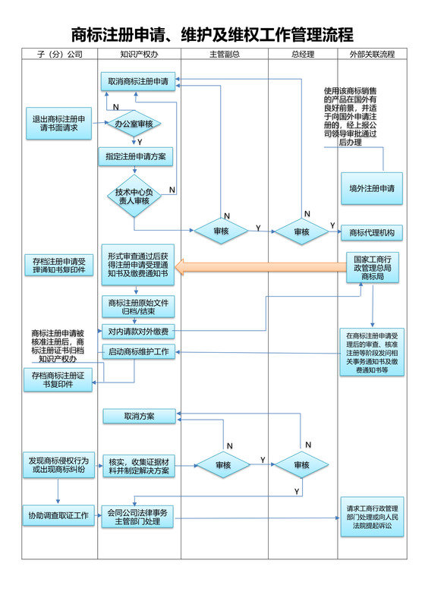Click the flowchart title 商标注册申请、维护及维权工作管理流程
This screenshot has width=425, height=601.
click(212, 35)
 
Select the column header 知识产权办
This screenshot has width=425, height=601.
click(139, 55)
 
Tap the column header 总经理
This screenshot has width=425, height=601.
click(302, 55)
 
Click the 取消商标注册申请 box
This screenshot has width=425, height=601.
click(138, 81)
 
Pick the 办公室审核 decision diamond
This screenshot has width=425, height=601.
click(134, 123)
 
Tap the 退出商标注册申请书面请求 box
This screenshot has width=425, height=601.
click(58, 124)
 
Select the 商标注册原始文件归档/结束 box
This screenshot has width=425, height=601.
click(138, 306)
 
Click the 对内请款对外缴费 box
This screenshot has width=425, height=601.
click(138, 331)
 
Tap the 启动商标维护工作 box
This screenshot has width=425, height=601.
click(138, 352)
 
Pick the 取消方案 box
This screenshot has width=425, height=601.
click(139, 416)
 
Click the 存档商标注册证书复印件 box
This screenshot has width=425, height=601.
click(58, 379)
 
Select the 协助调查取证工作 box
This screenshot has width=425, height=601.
click(58, 516)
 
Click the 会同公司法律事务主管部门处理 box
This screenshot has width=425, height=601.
click(138, 517)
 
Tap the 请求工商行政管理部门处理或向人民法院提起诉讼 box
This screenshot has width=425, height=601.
click(372, 517)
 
